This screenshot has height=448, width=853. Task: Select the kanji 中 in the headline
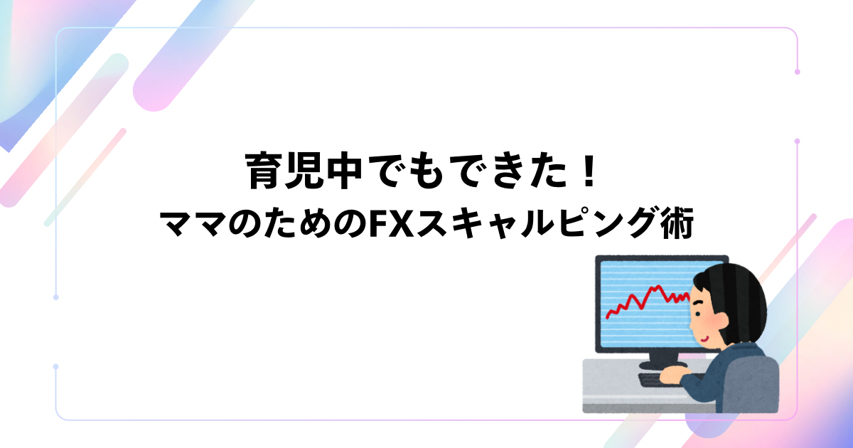(342, 171)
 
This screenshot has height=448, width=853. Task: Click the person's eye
(697, 313)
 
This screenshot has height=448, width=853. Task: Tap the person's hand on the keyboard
(674, 375)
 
